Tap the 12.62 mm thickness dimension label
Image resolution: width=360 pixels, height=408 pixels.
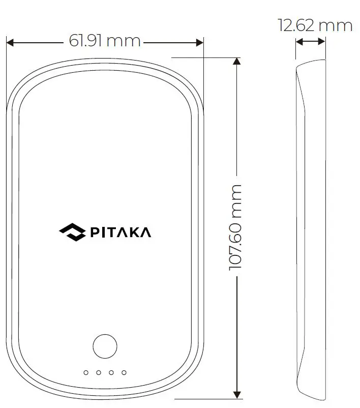coord(315,25)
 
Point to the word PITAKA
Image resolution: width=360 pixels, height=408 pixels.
coord(120,232)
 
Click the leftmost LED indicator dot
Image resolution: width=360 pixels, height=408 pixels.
coord(86,373)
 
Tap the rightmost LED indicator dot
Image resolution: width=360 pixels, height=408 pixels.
coord(124,373)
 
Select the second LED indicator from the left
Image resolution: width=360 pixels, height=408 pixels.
coord(99,373)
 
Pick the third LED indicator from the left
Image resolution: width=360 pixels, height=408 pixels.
coord(111,373)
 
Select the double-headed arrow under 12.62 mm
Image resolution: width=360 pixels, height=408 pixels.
coord(310,42)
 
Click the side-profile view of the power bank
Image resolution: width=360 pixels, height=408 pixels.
coord(311,229)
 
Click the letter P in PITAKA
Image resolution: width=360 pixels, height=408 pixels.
coord(95,232)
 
